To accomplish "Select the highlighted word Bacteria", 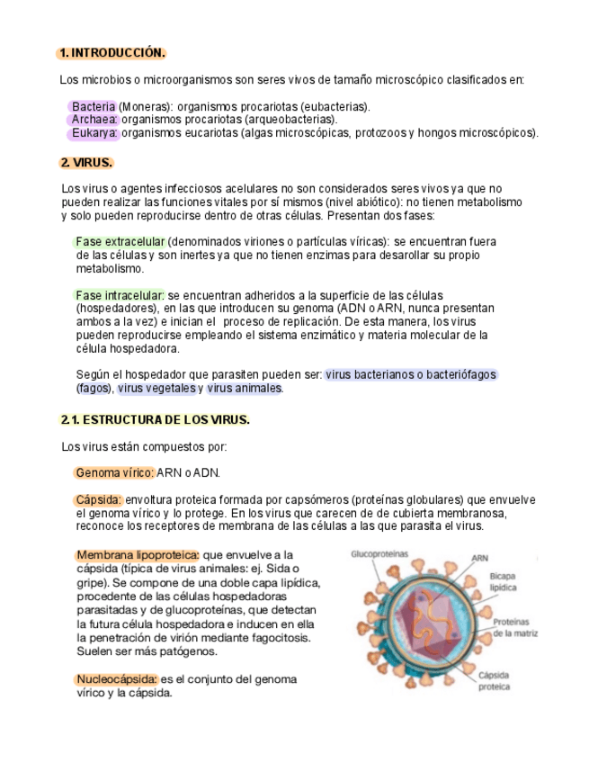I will (93, 106).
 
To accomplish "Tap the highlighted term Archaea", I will (93, 120).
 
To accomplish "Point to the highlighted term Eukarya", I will (94, 133).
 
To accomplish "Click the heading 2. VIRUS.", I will (86, 163).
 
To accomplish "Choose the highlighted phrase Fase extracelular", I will (120, 242).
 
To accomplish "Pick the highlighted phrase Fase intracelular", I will (119, 295).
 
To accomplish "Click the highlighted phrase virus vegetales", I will (156, 389).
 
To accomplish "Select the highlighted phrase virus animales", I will (244, 389).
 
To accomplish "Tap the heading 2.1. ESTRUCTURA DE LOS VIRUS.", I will (155, 420).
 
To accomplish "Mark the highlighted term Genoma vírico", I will (114, 473).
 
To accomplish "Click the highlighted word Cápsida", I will (98, 500).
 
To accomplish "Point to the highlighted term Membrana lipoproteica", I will (137, 555).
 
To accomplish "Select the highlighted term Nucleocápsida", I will (117, 679).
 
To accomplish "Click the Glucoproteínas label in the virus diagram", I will (379, 554).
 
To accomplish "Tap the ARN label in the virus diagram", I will (480, 558).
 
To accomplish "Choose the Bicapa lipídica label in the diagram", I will (503, 580).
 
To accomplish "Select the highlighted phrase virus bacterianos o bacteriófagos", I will (411, 374).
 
